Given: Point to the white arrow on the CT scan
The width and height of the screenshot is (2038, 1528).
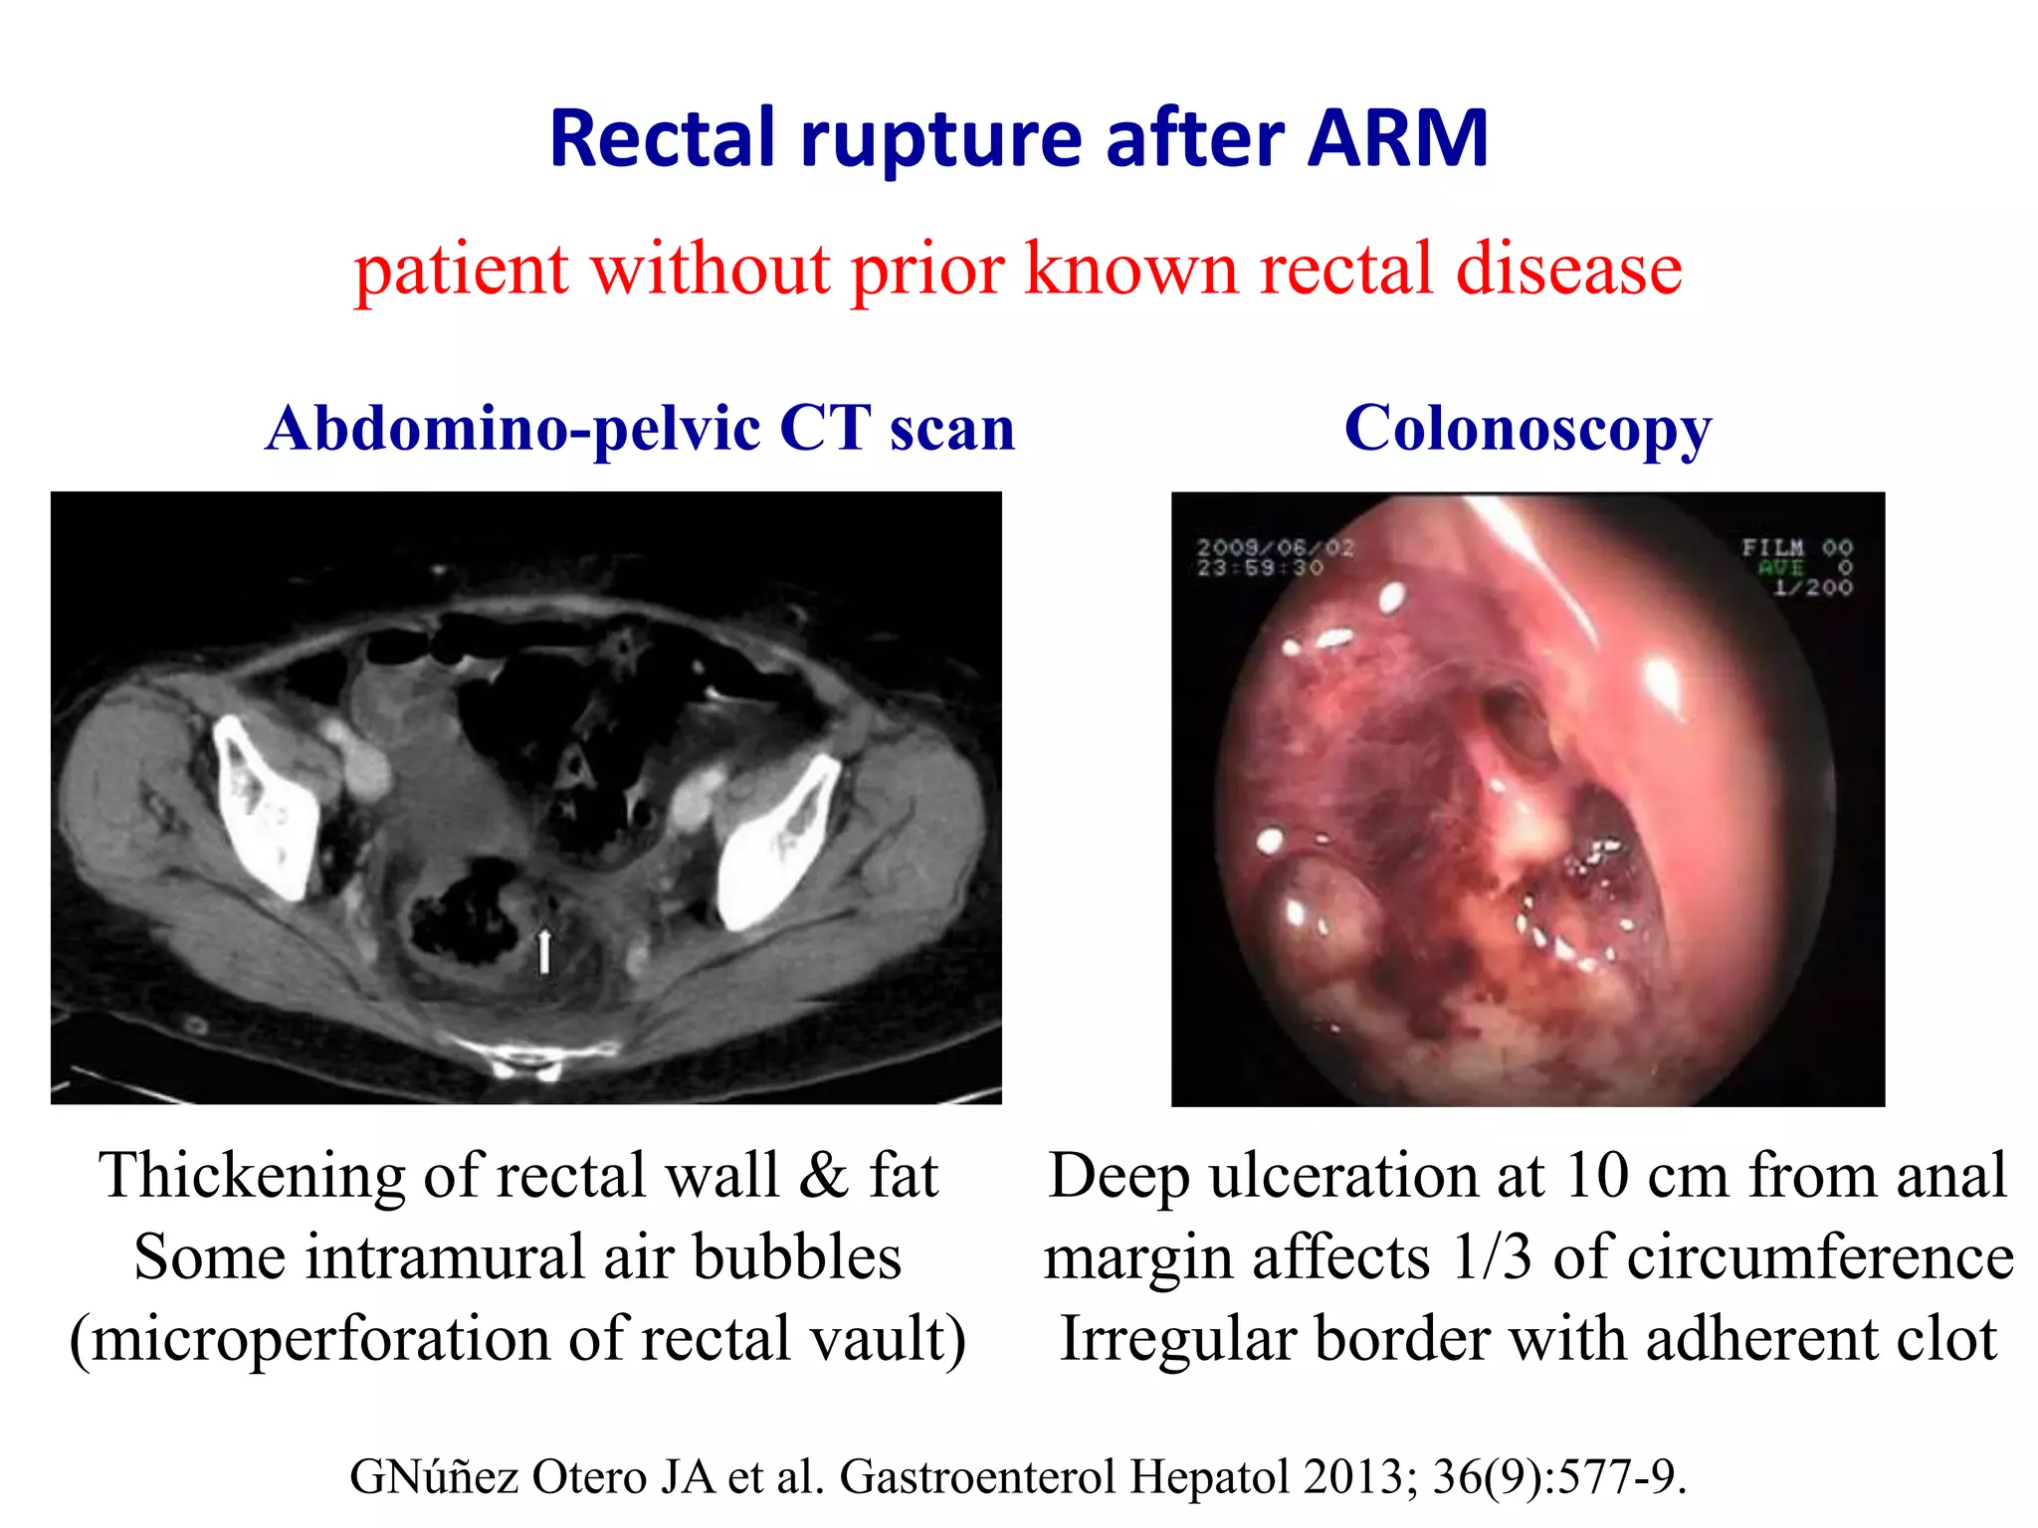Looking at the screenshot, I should [543, 950].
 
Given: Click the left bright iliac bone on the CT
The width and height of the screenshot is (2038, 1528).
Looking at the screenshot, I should [265, 806].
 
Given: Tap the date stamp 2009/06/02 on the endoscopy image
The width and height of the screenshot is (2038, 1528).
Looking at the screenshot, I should [1275, 547].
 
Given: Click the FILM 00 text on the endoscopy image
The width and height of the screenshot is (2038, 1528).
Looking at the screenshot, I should [1796, 547].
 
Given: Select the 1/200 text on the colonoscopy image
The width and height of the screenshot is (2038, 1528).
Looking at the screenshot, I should [1813, 588].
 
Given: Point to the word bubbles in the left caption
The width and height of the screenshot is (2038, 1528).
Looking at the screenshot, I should [796, 1257].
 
